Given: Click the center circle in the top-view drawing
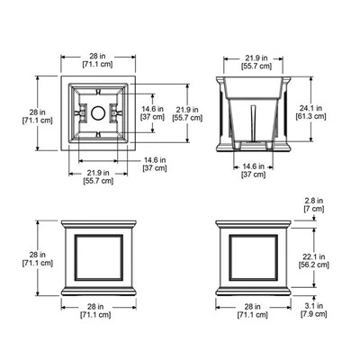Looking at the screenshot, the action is coord(98,113).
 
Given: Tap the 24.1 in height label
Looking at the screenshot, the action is coord(310,108).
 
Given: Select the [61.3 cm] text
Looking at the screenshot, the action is coord(310,116).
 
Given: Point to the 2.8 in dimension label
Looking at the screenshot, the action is coord(314,201).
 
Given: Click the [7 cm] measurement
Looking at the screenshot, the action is coord(314,209).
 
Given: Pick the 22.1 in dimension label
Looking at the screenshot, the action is coord(314,256).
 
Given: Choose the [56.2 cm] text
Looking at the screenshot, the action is coord(314,265).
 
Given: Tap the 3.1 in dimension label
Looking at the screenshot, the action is coord(314,306).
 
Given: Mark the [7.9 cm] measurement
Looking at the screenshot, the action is coord(314,314).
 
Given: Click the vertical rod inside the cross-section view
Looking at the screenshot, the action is coord(253,123).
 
